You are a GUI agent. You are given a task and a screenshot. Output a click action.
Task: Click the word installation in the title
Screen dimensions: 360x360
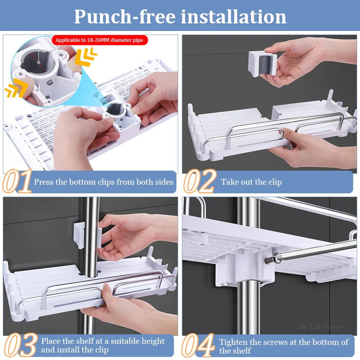click(233, 17)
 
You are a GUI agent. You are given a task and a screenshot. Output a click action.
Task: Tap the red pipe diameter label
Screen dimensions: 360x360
click(99, 40)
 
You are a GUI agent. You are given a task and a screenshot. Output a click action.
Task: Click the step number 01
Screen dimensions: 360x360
click(17, 181)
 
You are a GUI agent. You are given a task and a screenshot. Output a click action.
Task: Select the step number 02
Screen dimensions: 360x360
click(200, 181)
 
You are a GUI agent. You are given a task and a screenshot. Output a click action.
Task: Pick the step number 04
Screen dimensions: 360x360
click(198, 345)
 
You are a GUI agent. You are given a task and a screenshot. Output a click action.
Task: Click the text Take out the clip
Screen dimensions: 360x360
click(251, 182)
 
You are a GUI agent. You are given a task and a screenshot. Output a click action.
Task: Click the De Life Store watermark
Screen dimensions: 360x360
click(320, 327)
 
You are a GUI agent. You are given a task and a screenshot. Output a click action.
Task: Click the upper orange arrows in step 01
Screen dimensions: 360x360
click(86, 56)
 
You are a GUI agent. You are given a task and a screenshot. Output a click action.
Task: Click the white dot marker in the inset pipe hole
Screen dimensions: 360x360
click(39, 62)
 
